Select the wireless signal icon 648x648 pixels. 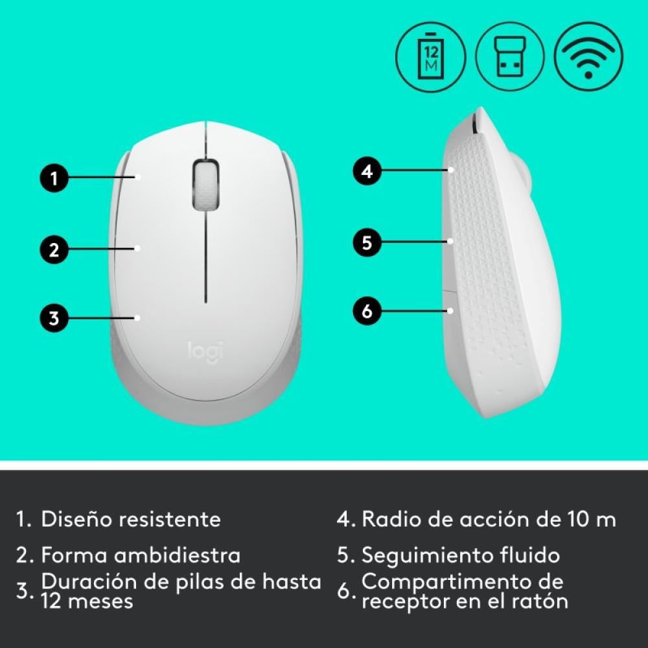(588, 57)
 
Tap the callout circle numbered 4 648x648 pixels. (367, 172)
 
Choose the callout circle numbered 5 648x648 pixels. (367, 242)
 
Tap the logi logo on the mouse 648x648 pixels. (205, 351)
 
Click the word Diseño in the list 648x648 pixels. (77, 519)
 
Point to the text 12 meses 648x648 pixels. (87, 601)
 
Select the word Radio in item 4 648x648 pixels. (390, 519)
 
